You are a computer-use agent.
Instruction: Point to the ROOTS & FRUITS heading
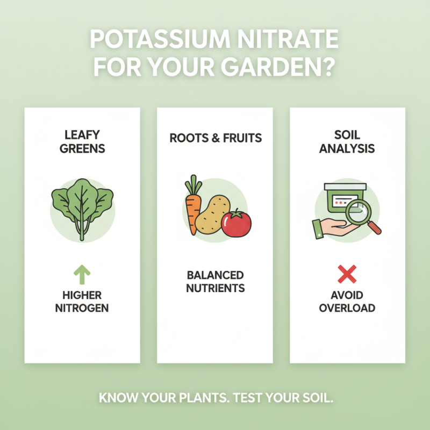(x=215, y=138)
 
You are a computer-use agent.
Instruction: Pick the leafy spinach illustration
(x=82, y=207)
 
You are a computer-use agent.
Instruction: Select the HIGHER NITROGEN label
(x=82, y=302)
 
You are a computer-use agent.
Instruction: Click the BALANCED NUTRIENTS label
(x=215, y=282)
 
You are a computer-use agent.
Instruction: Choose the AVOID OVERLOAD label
(x=347, y=302)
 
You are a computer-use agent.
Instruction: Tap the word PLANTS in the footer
(x=185, y=399)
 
